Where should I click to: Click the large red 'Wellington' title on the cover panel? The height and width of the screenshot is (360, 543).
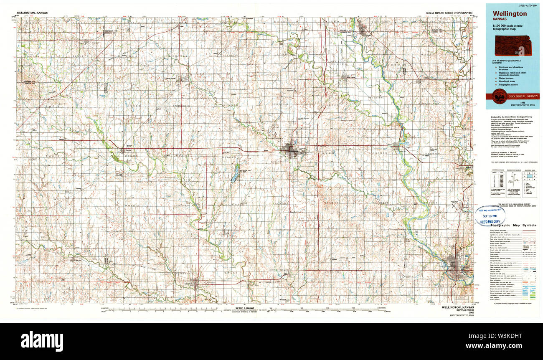[509, 14]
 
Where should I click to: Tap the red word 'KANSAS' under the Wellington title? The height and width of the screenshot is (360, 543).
[500, 20]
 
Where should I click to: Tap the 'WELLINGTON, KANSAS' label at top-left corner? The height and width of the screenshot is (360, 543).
[34, 13]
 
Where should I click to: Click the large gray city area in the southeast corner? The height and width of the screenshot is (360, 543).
[455, 265]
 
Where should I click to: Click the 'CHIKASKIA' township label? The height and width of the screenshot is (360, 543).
[183, 205]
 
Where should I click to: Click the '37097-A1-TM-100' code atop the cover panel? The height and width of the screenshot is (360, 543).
[512, 5]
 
